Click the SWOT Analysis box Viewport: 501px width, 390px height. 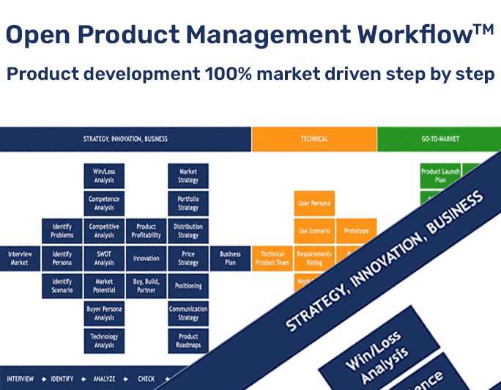tap(104, 258)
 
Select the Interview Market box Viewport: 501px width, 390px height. tap(20, 258)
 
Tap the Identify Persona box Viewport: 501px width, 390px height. tap(62, 258)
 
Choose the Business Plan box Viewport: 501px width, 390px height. tap(230, 258)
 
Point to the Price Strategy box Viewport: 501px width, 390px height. tap(188, 258)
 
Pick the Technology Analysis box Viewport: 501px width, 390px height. tap(104, 340)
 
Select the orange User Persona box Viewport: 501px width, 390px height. tap(314, 203)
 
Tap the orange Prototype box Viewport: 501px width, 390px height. tap(356, 230)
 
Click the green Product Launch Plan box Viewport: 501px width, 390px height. tap(439, 176)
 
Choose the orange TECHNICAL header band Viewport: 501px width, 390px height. tap(314, 139)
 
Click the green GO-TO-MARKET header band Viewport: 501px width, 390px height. tap(439, 139)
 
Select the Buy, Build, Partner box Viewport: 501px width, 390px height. tap(146, 285)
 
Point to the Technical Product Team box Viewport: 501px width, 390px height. tap(272, 258)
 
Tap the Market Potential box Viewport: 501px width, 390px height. tap(104, 285)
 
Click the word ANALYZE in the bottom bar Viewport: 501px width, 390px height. tap(109, 379)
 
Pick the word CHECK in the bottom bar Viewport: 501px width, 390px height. tap(146, 379)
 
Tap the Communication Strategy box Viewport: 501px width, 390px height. tap(188, 313)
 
